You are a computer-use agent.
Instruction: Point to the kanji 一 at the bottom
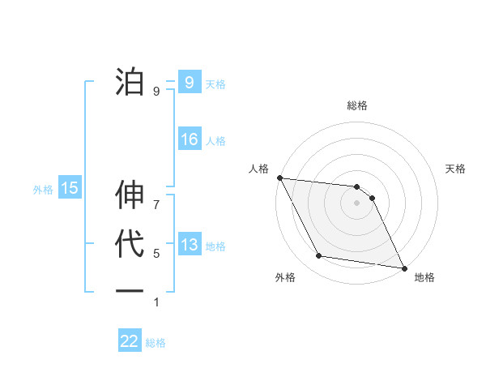pyautogui.click(x=130, y=290)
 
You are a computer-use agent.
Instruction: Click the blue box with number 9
pyautogui.click(x=189, y=82)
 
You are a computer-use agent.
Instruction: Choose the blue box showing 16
pyautogui.click(x=189, y=139)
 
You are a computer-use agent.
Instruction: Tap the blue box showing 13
pyautogui.click(x=189, y=245)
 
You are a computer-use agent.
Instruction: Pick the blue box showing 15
pyautogui.click(x=69, y=188)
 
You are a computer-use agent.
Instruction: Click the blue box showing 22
pyautogui.click(x=130, y=341)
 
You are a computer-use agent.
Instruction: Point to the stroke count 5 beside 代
pyautogui.click(x=156, y=254)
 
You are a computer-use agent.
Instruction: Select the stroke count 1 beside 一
pyautogui.click(x=156, y=302)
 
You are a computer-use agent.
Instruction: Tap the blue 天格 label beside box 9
pyautogui.click(x=215, y=84)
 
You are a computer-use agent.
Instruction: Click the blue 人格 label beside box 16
pyautogui.click(x=215, y=141)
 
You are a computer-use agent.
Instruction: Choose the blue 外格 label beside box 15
pyautogui.click(x=43, y=190)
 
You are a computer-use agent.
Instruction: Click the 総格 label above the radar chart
pyautogui.click(x=357, y=105)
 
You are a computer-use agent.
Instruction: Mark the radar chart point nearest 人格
pyautogui.click(x=279, y=178)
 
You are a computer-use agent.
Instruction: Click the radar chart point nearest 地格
pyautogui.click(x=403, y=268)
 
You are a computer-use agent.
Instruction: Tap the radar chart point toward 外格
pyautogui.click(x=319, y=256)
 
